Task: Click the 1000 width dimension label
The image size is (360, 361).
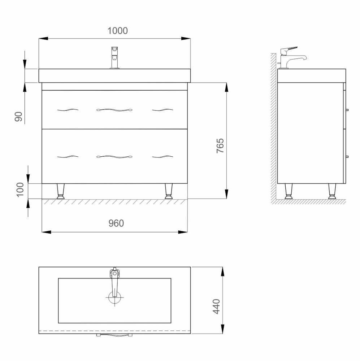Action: pyautogui.click(x=117, y=31)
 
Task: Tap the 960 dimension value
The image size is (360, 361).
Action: pyautogui.click(x=116, y=223)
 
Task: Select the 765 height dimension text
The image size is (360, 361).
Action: pyautogui.click(x=220, y=145)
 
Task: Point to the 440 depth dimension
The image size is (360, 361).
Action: pyautogui.click(x=217, y=306)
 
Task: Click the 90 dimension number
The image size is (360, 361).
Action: pyautogui.click(x=19, y=117)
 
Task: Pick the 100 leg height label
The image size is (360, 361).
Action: pyautogui.click(x=20, y=190)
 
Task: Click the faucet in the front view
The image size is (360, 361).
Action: pyautogui.click(x=115, y=57)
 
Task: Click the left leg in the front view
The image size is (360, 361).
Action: pyautogui.click(x=61, y=191)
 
